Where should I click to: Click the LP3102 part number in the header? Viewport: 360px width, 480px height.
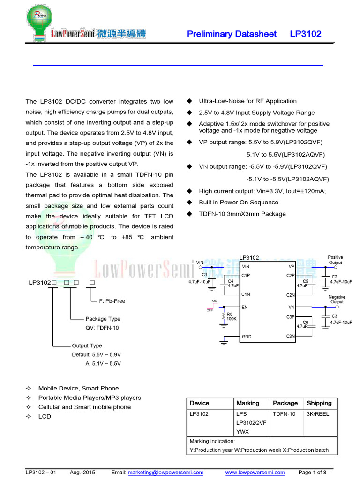point(305,34)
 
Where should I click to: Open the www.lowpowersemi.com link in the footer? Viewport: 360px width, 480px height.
point(255,472)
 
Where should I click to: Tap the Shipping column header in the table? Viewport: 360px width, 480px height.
point(319,403)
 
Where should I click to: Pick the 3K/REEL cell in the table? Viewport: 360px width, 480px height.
point(318,414)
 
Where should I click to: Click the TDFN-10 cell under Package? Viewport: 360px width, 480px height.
point(284,414)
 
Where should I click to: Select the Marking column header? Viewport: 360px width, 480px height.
point(247,403)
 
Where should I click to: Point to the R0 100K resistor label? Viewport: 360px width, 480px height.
point(231,316)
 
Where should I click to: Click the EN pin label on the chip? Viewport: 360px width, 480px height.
point(244,307)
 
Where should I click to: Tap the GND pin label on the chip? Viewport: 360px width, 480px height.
point(246,337)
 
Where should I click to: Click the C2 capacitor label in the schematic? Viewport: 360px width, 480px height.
point(334,277)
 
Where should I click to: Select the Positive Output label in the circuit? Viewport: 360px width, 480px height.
point(335,260)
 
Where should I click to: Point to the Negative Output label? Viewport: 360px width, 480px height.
point(337,300)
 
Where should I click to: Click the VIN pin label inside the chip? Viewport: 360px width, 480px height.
point(246,266)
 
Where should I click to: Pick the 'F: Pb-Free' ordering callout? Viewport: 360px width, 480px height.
point(112,301)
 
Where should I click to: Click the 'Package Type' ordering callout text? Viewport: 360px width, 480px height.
point(103,319)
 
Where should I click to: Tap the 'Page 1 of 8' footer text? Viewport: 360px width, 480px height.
point(312,472)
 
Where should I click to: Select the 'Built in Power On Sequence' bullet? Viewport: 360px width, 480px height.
point(239,202)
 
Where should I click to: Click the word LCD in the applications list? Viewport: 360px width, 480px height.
point(45,416)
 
